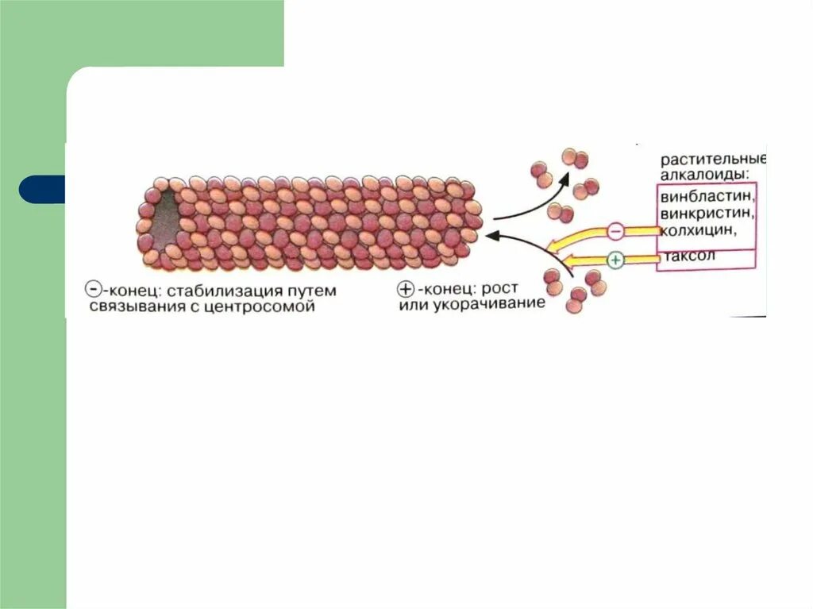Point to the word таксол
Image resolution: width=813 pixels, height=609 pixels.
(x=687, y=256)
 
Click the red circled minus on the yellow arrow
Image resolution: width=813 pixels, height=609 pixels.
(x=616, y=232)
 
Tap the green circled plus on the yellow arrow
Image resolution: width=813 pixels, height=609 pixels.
(x=616, y=259)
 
